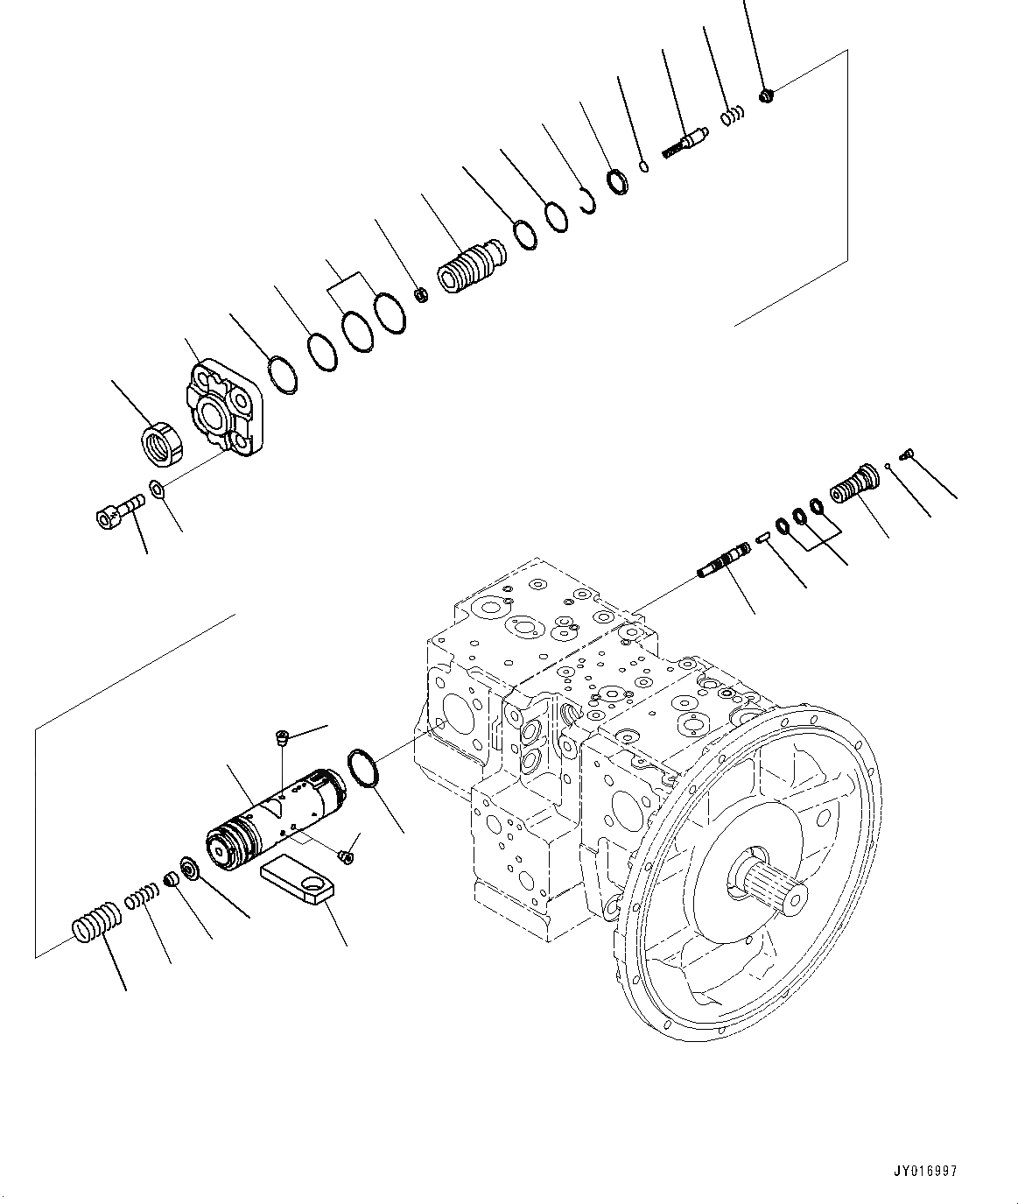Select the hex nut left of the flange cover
point(162,440)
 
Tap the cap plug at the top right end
point(766,95)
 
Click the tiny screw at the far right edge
point(907,453)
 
